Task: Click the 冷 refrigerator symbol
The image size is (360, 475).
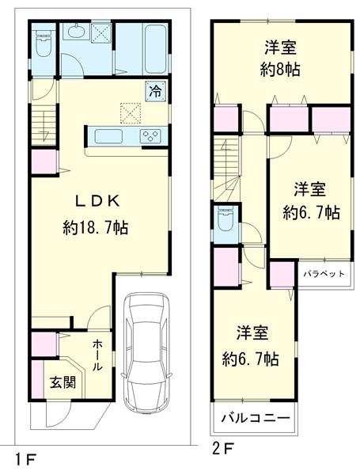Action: click(x=156, y=91)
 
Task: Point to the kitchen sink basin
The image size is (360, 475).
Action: click(x=109, y=135)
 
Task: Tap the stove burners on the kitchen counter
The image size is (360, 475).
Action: click(x=150, y=136)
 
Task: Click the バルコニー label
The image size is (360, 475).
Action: click(x=254, y=417)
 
